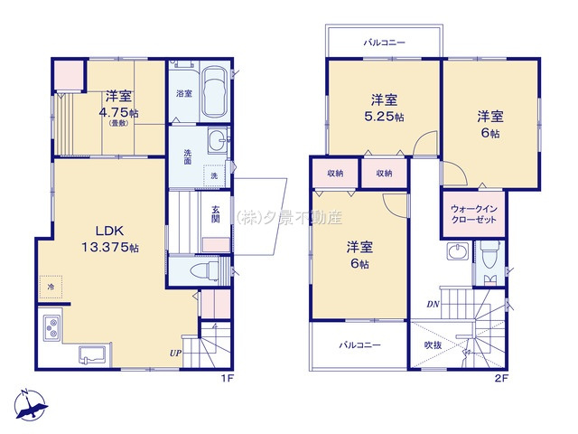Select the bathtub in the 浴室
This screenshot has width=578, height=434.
214,94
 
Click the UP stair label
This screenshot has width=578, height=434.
175,354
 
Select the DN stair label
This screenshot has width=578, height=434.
433,304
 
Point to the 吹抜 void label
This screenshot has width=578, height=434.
433,345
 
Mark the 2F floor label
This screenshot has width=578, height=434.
501,378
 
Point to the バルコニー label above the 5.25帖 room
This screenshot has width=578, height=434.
385,42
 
